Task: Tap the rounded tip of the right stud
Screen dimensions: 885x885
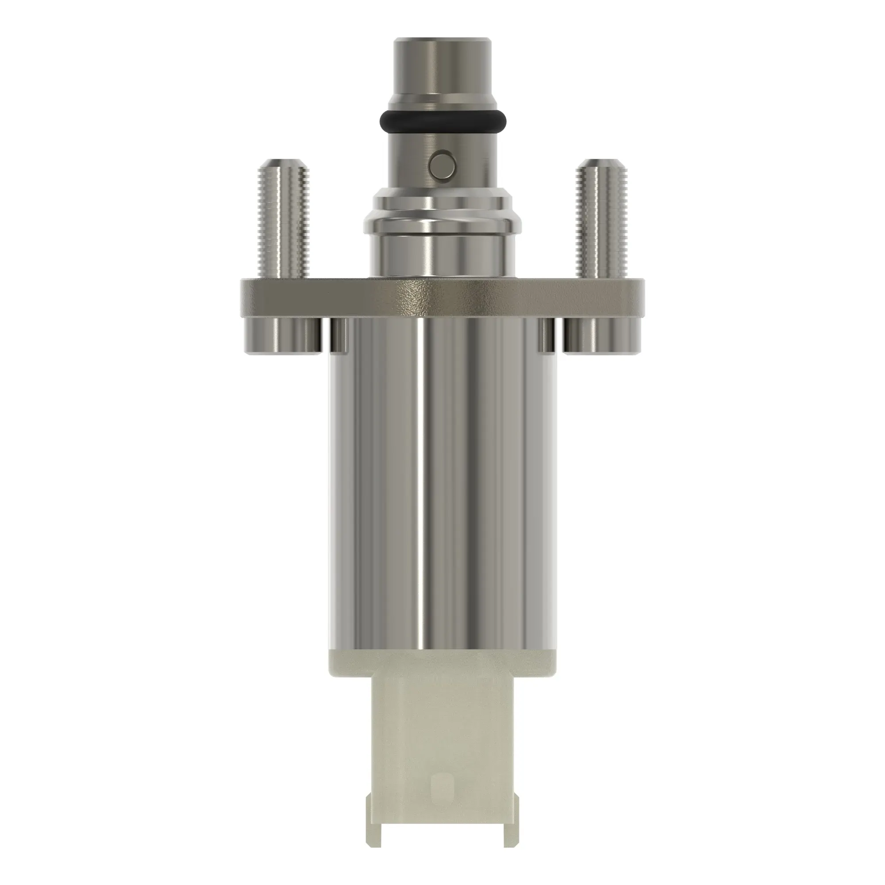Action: tap(602, 164)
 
